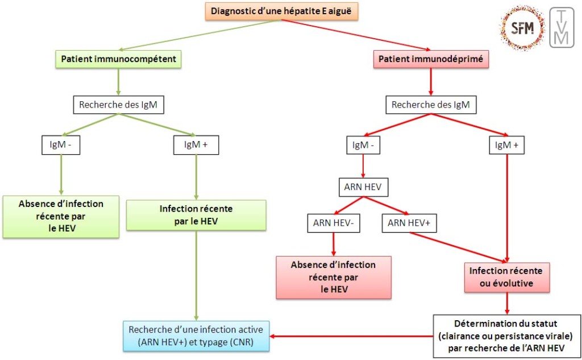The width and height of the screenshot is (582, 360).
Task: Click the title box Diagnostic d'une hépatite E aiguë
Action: (x=282, y=11)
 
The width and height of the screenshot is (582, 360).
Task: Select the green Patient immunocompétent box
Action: (x=118, y=59)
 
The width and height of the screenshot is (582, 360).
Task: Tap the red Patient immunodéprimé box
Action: (x=431, y=59)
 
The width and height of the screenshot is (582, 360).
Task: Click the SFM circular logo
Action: (x=522, y=28)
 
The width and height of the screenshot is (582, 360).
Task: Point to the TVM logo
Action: (x=562, y=28)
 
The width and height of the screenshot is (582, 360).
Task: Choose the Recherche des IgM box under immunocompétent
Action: (x=118, y=105)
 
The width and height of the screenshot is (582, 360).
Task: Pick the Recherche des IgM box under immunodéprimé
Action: (x=431, y=105)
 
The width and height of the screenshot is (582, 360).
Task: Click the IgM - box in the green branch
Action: (x=61, y=146)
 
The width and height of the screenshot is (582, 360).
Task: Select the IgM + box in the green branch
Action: (x=196, y=146)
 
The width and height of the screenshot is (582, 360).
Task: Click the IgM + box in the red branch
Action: (x=507, y=146)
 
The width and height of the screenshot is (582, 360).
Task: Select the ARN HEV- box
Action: (x=333, y=223)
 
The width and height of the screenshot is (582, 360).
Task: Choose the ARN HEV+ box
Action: (x=409, y=223)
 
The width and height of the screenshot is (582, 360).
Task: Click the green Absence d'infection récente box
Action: (x=61, y=217)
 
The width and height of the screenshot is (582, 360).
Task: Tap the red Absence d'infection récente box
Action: (x=333, y=277)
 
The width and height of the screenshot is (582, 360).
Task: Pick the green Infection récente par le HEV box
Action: (x=196, y=214)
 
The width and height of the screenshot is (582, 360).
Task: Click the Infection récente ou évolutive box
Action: (x=506, y=277)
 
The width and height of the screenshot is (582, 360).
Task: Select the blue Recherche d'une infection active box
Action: (x=196, y=336)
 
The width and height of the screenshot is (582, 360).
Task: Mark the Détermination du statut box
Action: (x=506, y=336)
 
